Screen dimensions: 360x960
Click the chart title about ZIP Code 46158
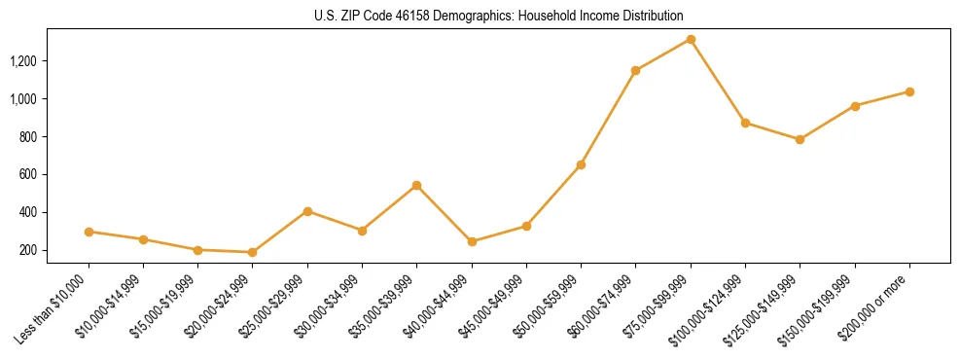(480, 17)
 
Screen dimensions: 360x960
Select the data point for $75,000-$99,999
(691, 39)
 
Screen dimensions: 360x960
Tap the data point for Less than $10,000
(89, 232)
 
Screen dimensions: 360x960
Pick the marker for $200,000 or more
(909, 91)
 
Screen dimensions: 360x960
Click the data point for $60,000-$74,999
(636, 70)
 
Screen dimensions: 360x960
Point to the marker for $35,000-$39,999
(416, 185)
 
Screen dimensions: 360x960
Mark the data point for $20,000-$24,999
(253, 252)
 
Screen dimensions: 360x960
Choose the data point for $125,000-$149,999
(800, 139)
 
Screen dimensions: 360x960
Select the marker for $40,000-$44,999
(472, 241)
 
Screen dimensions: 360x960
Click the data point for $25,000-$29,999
(307, 211)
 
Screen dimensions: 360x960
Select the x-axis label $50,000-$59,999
(550, 305)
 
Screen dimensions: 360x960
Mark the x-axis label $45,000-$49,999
(495, 305)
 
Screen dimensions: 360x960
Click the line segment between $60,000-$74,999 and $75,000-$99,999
(663, 54)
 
